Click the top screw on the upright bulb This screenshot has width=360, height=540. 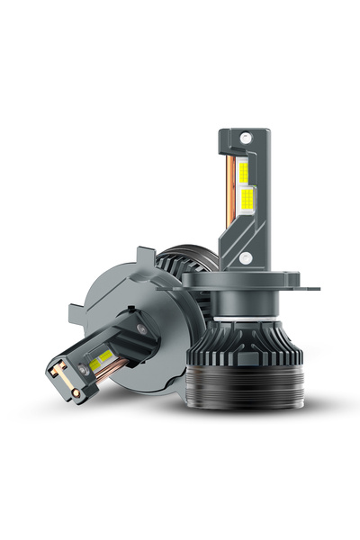click(x=244, y=141)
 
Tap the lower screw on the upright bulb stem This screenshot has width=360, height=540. click(x=245, y=257)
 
